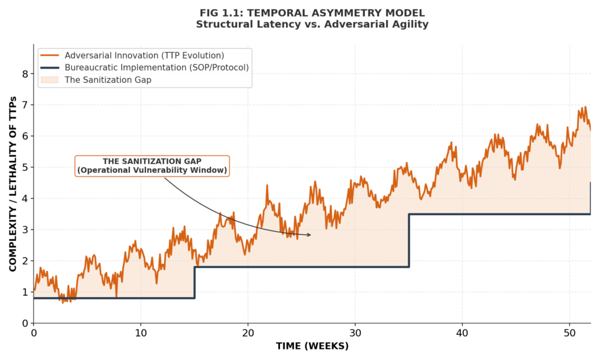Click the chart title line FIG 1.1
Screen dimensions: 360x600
pos(312,13)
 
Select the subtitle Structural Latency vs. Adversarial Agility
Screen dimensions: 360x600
pos(312,25)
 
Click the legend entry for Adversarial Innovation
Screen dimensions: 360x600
pos(144,55)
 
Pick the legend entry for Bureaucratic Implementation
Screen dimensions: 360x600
pos(156,67)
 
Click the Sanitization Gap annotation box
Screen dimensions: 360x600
pos(152,166)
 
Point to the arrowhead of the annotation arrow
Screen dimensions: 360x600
pos(310,235)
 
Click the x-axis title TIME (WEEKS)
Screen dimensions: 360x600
pos(312,346)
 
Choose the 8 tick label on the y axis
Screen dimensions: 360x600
pos(25,74)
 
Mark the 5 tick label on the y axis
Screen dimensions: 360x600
pos(25,167)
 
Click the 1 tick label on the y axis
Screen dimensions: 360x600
pos(25,292)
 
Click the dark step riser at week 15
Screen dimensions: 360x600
pos(195,283)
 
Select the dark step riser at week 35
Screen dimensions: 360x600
pos(409,240)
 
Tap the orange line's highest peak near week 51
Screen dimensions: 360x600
pos(584,107)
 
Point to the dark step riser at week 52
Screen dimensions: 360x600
pos(590,198)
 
